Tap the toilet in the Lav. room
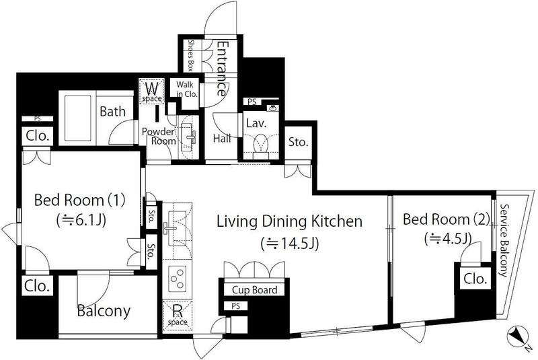pos(262,147)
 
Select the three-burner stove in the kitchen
pos(177,279)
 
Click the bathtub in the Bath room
pos(78,118)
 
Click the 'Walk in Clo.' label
pos(186,89)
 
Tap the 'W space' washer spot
pos(152,91)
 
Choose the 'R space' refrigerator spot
pos(178,316)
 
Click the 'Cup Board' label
pos(255,290)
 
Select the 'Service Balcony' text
pos(503,240)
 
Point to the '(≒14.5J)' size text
pos(290,244)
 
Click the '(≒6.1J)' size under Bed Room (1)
pos(81,220)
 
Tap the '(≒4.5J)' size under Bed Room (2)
pos(447,238)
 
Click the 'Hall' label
pos(222,139)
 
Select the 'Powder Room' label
pos(159,136)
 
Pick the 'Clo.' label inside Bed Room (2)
pos(475,279)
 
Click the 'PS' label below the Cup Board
pos(235,305)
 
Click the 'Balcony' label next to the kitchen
pos(104,311)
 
